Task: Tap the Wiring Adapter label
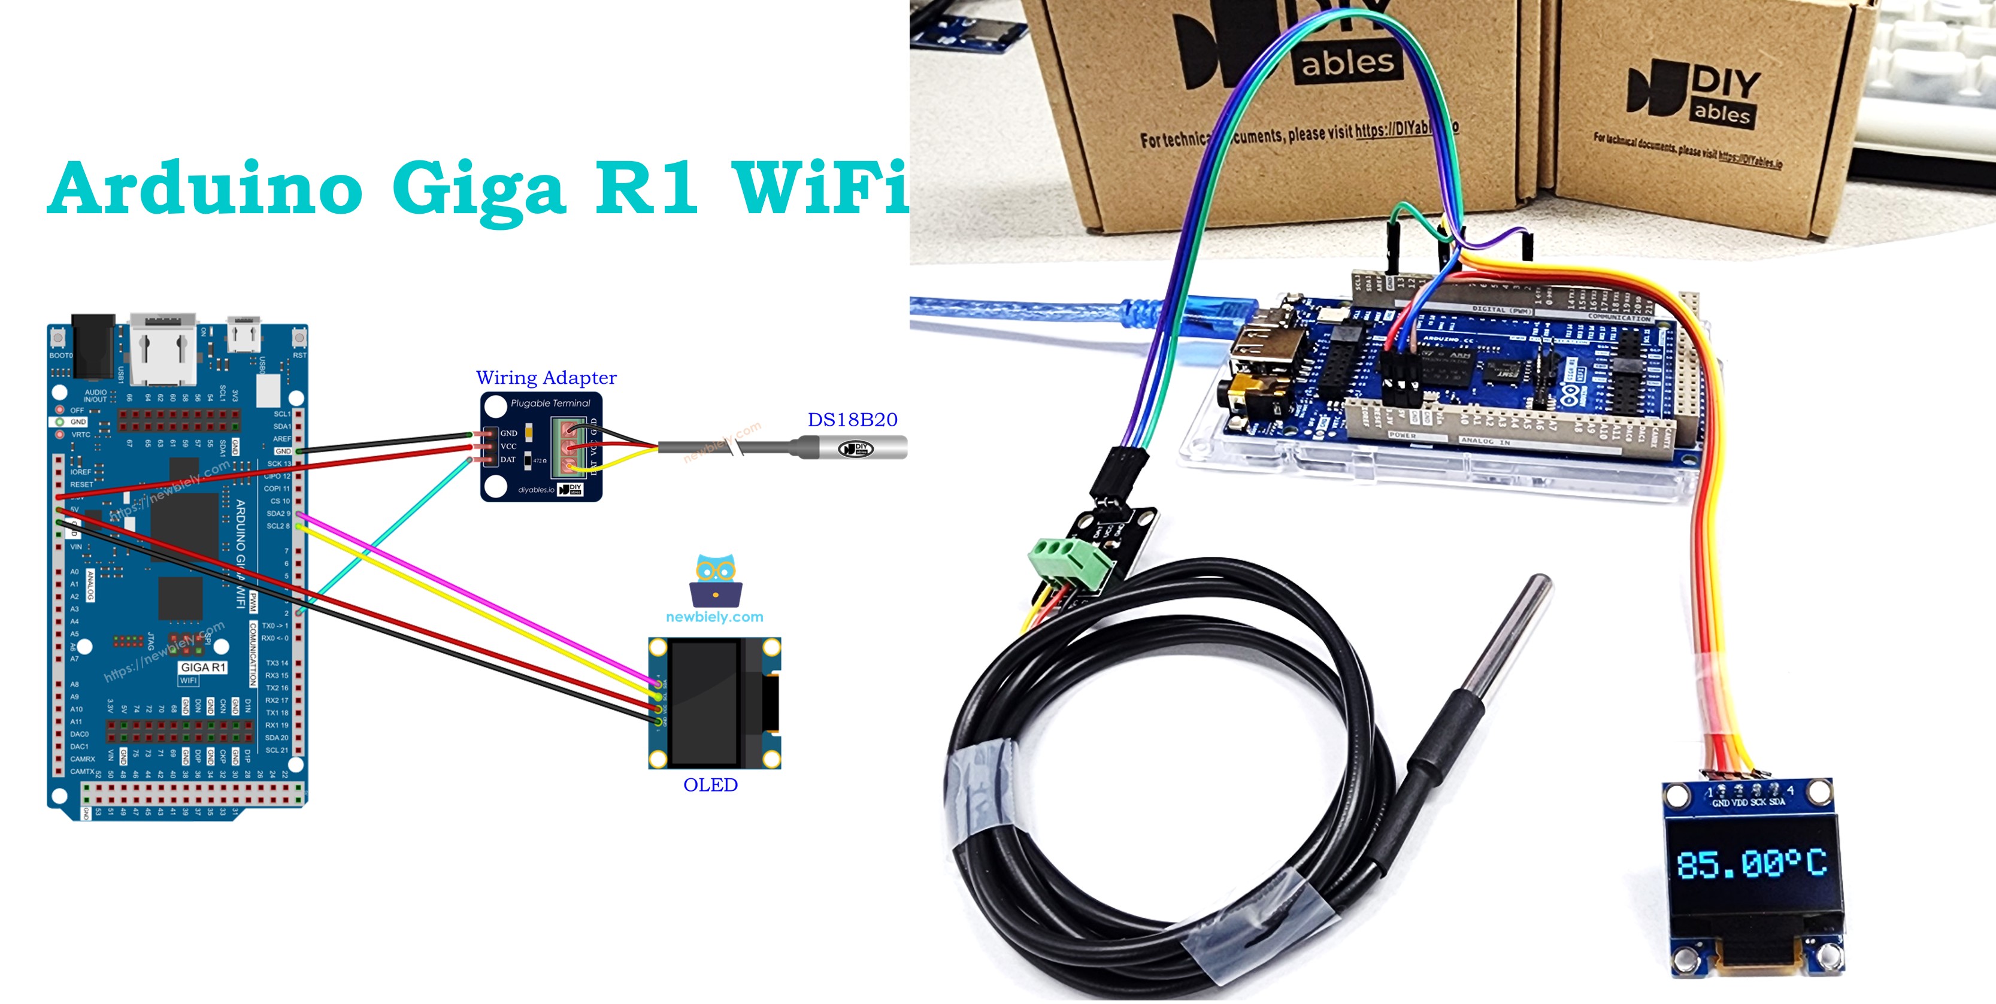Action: tap(546, 378)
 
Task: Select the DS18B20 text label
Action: tap(852, 420)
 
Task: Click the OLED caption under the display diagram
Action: tap(710, 785)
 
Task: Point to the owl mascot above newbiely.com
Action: tap(715, 580)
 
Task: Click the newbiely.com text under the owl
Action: tap(714, 617)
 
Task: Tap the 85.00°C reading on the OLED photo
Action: tap(1751, 864)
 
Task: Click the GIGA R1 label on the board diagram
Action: tap(203, 667)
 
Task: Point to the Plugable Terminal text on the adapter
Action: tap(550, 403)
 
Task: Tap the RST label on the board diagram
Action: tap(299, 356)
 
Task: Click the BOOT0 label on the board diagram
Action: tap(60, 356)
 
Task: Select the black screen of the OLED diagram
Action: tap(704, 703)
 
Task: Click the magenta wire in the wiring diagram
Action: tap(465, 593)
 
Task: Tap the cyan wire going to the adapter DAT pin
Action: tap(387, 535)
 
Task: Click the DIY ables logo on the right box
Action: tap(1697, 93)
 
